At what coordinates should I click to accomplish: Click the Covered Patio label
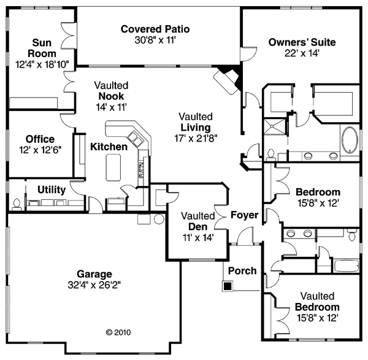pyautogui.click(x=155, y=29)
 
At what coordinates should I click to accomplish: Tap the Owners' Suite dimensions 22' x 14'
pyautogui.click(x=302, y=53)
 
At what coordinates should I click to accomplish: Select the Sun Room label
pyautogui.click(x=42, y=48)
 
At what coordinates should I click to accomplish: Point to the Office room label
pyautogui.click(x=40, y=139)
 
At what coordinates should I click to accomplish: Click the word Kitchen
pyautogui.click(x=109, y=147)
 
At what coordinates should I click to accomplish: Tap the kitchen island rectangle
pyautogui.click(x=113, y=167)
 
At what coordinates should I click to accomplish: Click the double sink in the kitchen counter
pyautogui.click(x=135, y=139)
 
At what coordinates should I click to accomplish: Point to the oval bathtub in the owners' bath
pyautogui.click(x=350, y=140)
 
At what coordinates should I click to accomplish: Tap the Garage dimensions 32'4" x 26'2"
pyautogui.click(x=94, y=285)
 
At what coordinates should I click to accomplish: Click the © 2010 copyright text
pyautogui.click(x=118, y=332)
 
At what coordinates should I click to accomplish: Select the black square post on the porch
pyautogui.click(x=228, y=286)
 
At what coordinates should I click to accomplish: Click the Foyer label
pyautogui.click(x=245, y=215)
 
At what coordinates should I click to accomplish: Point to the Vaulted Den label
pyautogui.click(x=198, y=221)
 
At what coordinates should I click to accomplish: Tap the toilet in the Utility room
pyautogui.click(x=17, y=204)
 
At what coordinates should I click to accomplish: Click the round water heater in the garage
pyautogui.click(x=159, y=219)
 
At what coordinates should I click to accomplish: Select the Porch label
pyautogui.click(x=242, y=271)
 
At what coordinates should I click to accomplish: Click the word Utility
pyautogui.click(x=52, y=190)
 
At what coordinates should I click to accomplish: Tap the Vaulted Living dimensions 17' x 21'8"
pyautogui.click(x=196, y=138)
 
